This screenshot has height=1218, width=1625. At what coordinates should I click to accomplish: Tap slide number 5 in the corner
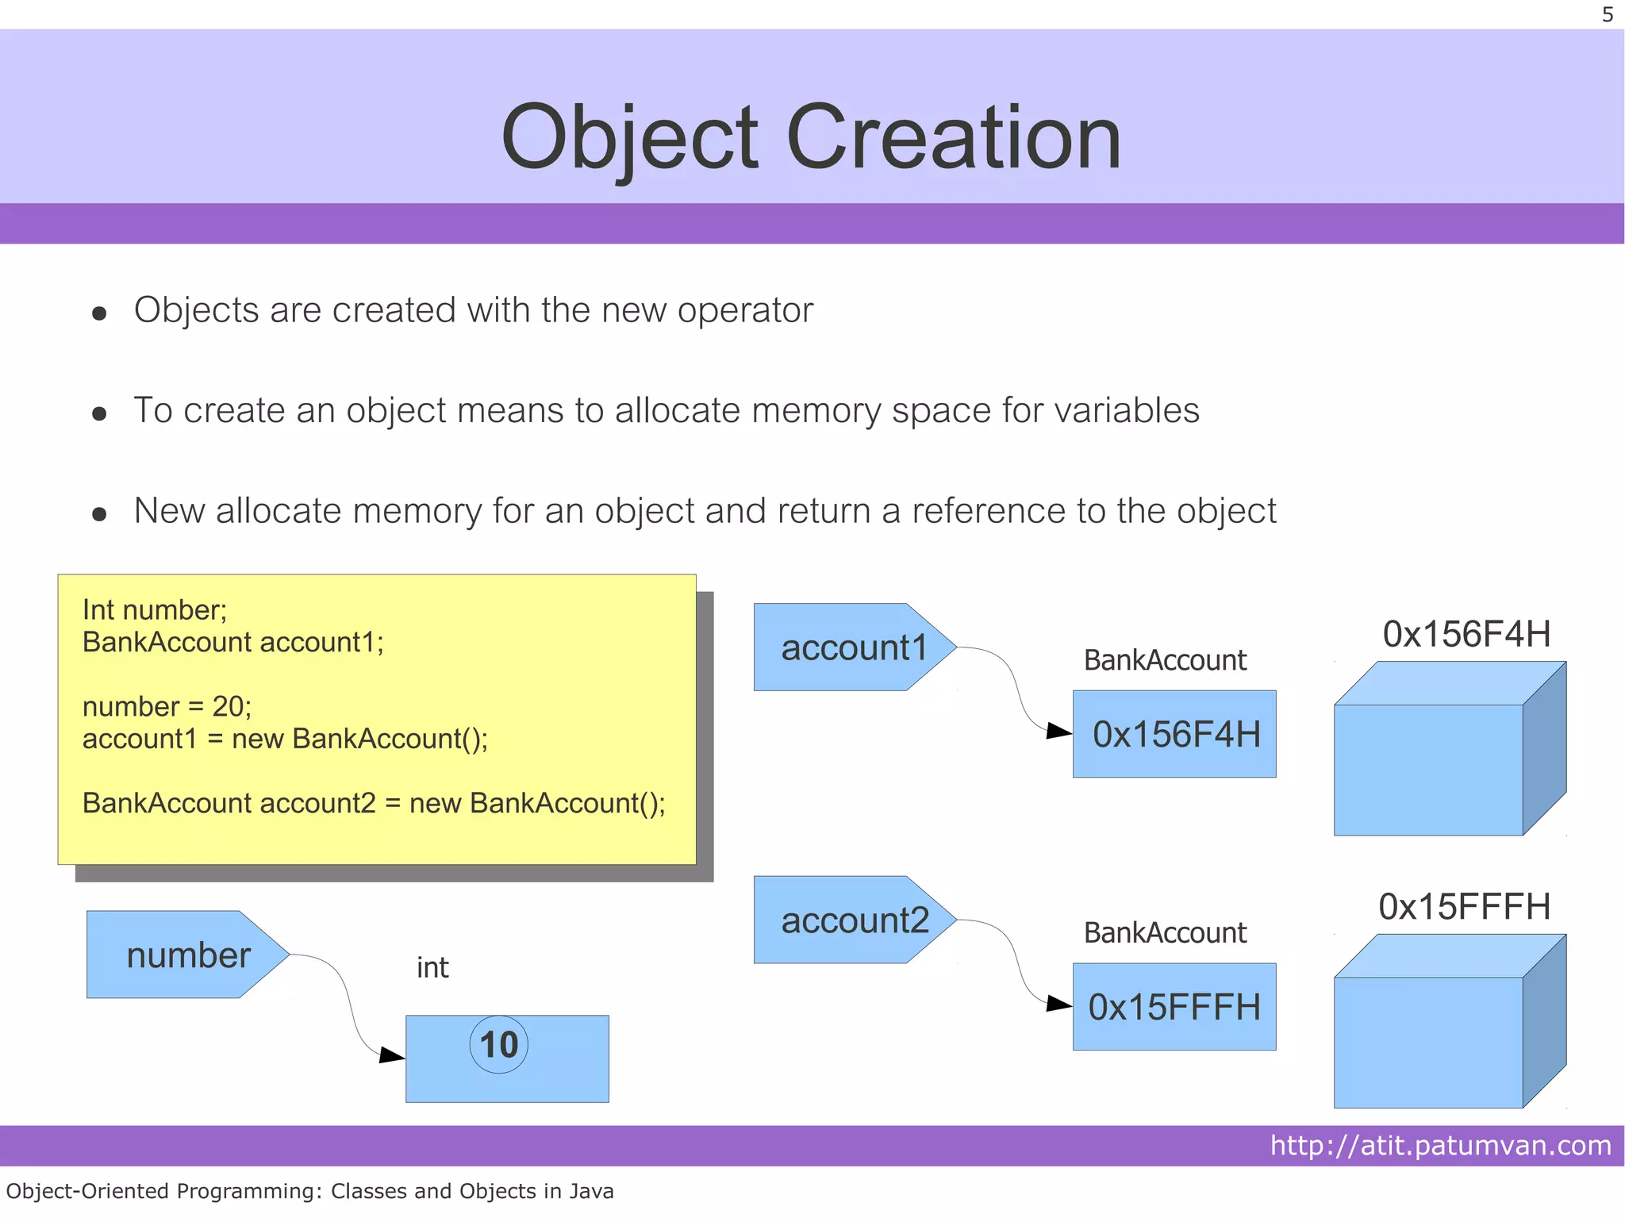[x=1607, y=15]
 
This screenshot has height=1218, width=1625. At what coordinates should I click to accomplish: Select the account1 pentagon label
[x=853, y=647]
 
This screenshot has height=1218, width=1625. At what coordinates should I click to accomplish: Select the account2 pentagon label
[x=853, y=920]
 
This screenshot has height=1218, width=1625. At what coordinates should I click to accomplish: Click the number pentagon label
[x=187, y=955]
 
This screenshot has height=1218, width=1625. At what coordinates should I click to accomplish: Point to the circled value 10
[x=498, y=1044]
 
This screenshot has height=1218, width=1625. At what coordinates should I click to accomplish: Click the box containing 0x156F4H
[x=1174, y=734]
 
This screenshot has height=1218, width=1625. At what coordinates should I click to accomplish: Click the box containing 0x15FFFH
[x=1174, y=1007]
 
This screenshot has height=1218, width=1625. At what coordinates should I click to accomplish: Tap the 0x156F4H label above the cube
[x=1466, y=634]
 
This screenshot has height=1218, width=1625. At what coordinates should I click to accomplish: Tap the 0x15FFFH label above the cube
[x=1464, y=906]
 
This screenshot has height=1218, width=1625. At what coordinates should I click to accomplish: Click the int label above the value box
[x=432, y=968]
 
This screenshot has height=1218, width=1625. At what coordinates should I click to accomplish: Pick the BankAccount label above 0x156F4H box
[x=1165, y=660]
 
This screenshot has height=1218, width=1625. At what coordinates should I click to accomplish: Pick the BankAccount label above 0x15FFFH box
[x=1165, y=933]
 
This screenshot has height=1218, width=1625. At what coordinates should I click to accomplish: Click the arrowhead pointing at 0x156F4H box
[x=1059, y=731]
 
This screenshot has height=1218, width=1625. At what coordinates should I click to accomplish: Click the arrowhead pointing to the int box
[x=392, y=1055]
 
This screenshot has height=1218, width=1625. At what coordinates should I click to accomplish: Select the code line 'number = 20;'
[x=167, y=706]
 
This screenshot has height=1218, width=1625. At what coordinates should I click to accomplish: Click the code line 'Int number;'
[x=155, y=609]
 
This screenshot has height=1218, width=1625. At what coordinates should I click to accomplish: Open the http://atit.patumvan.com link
[x=1440, y=1145]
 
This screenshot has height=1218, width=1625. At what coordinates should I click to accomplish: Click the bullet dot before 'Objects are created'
[x=99, y=313]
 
